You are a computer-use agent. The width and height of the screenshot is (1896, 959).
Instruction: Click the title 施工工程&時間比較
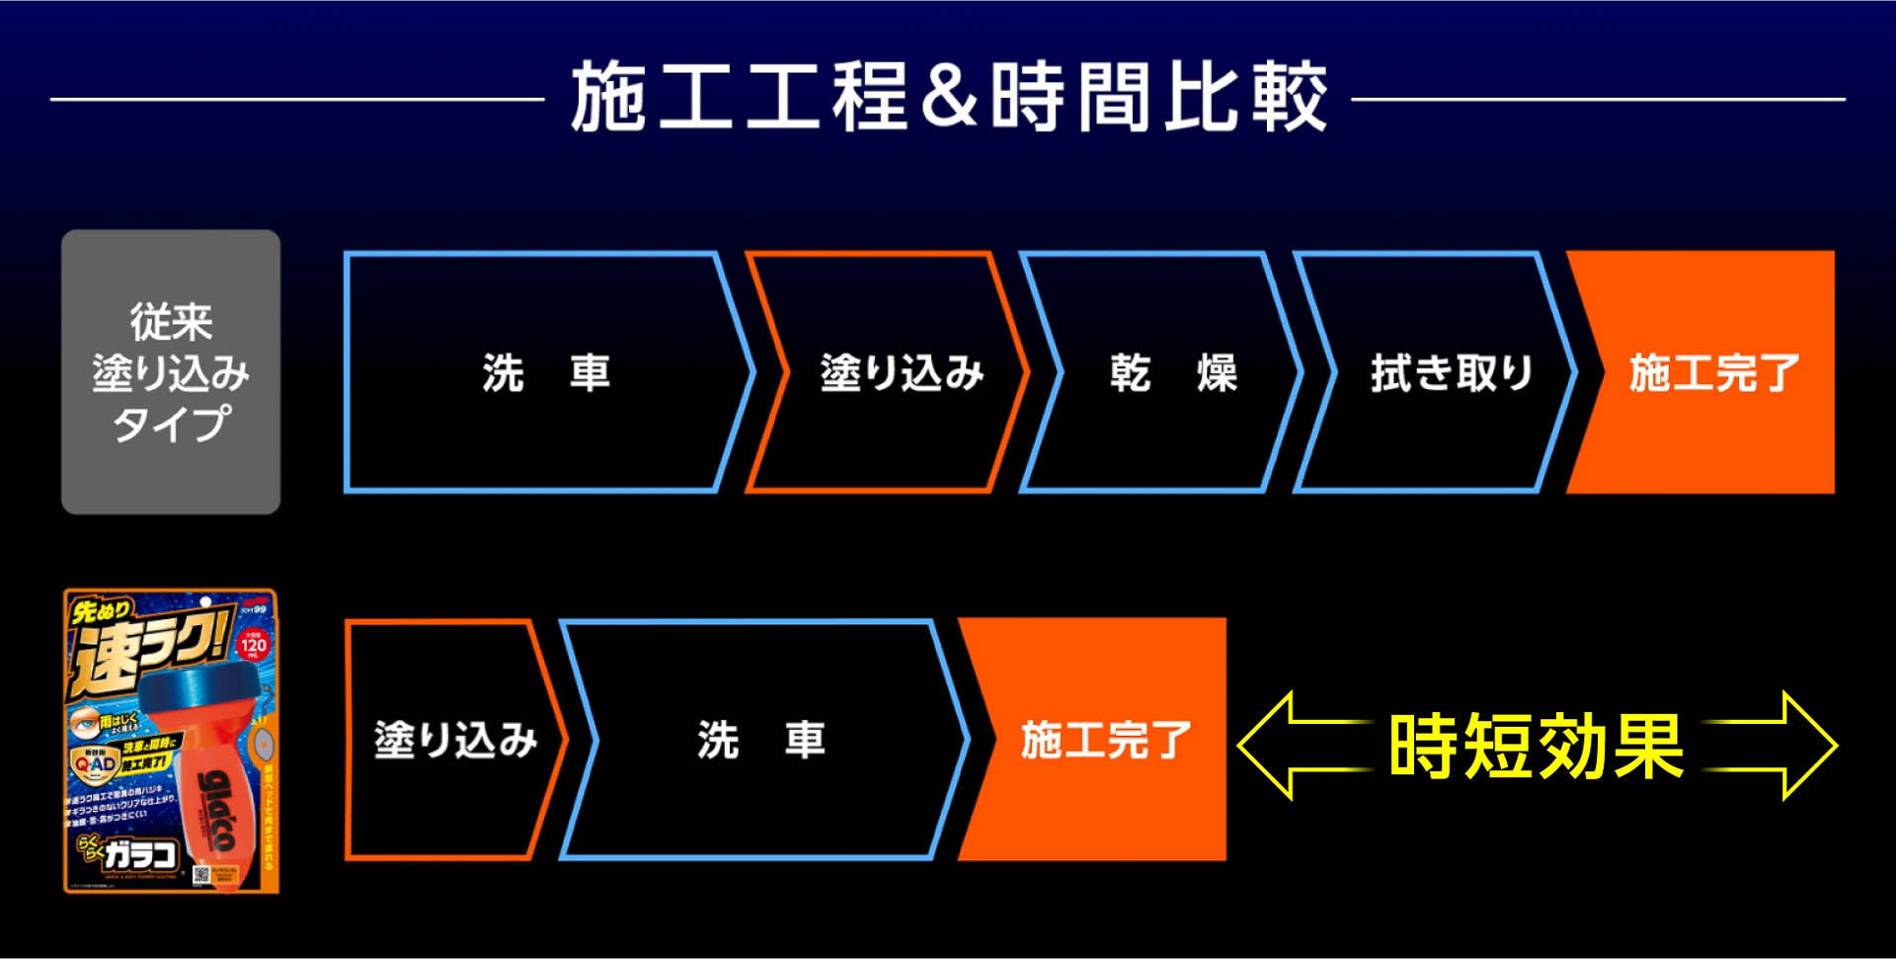pos(948,96)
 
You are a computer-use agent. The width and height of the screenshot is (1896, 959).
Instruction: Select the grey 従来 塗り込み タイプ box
pos(171,371)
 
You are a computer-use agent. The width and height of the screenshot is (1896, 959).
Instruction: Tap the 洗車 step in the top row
pos(545,372)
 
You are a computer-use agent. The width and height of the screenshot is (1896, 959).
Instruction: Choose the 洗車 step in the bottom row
pos(760,739)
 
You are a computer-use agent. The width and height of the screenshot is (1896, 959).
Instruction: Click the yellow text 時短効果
pos(1536,746)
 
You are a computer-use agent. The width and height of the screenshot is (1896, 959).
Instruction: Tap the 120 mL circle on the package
pos(253,645)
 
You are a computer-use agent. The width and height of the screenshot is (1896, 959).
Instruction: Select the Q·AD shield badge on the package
pos(95,763)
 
